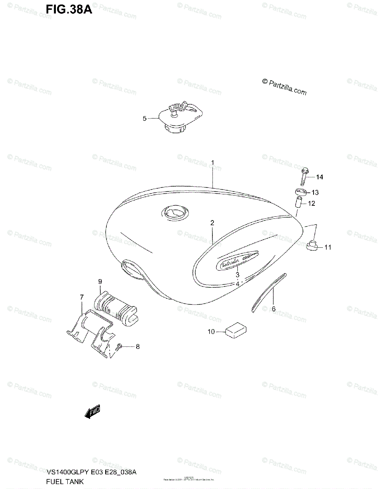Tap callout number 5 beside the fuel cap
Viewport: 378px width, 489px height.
(x=144, y=119)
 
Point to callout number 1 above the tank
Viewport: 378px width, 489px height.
(x=213, y=163)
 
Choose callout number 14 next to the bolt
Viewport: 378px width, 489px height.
(x=319, y=177)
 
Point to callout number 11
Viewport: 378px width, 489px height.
(x=328, y=247)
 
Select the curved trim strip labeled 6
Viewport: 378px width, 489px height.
(x=268, y=291)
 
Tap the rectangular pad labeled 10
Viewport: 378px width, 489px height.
(x=235, y=329)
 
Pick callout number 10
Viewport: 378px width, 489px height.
(x=211, y=332)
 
